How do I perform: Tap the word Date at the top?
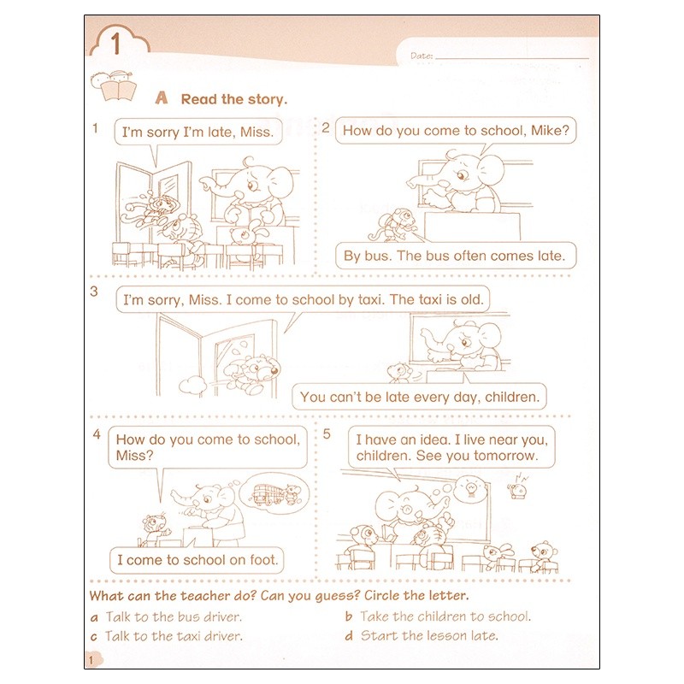pyautogui.click(x=422, y=56)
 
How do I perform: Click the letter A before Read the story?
pyautogui.click(x=161, y=98)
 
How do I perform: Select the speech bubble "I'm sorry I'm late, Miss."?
pyautogui.click(x=198, y=133)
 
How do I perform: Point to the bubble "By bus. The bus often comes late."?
pyautogui.click(x=457, y=255)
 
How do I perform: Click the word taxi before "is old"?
pyautogui.click(x=431, y=299)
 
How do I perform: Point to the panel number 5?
pyautogui.click(x=327, y=434)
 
